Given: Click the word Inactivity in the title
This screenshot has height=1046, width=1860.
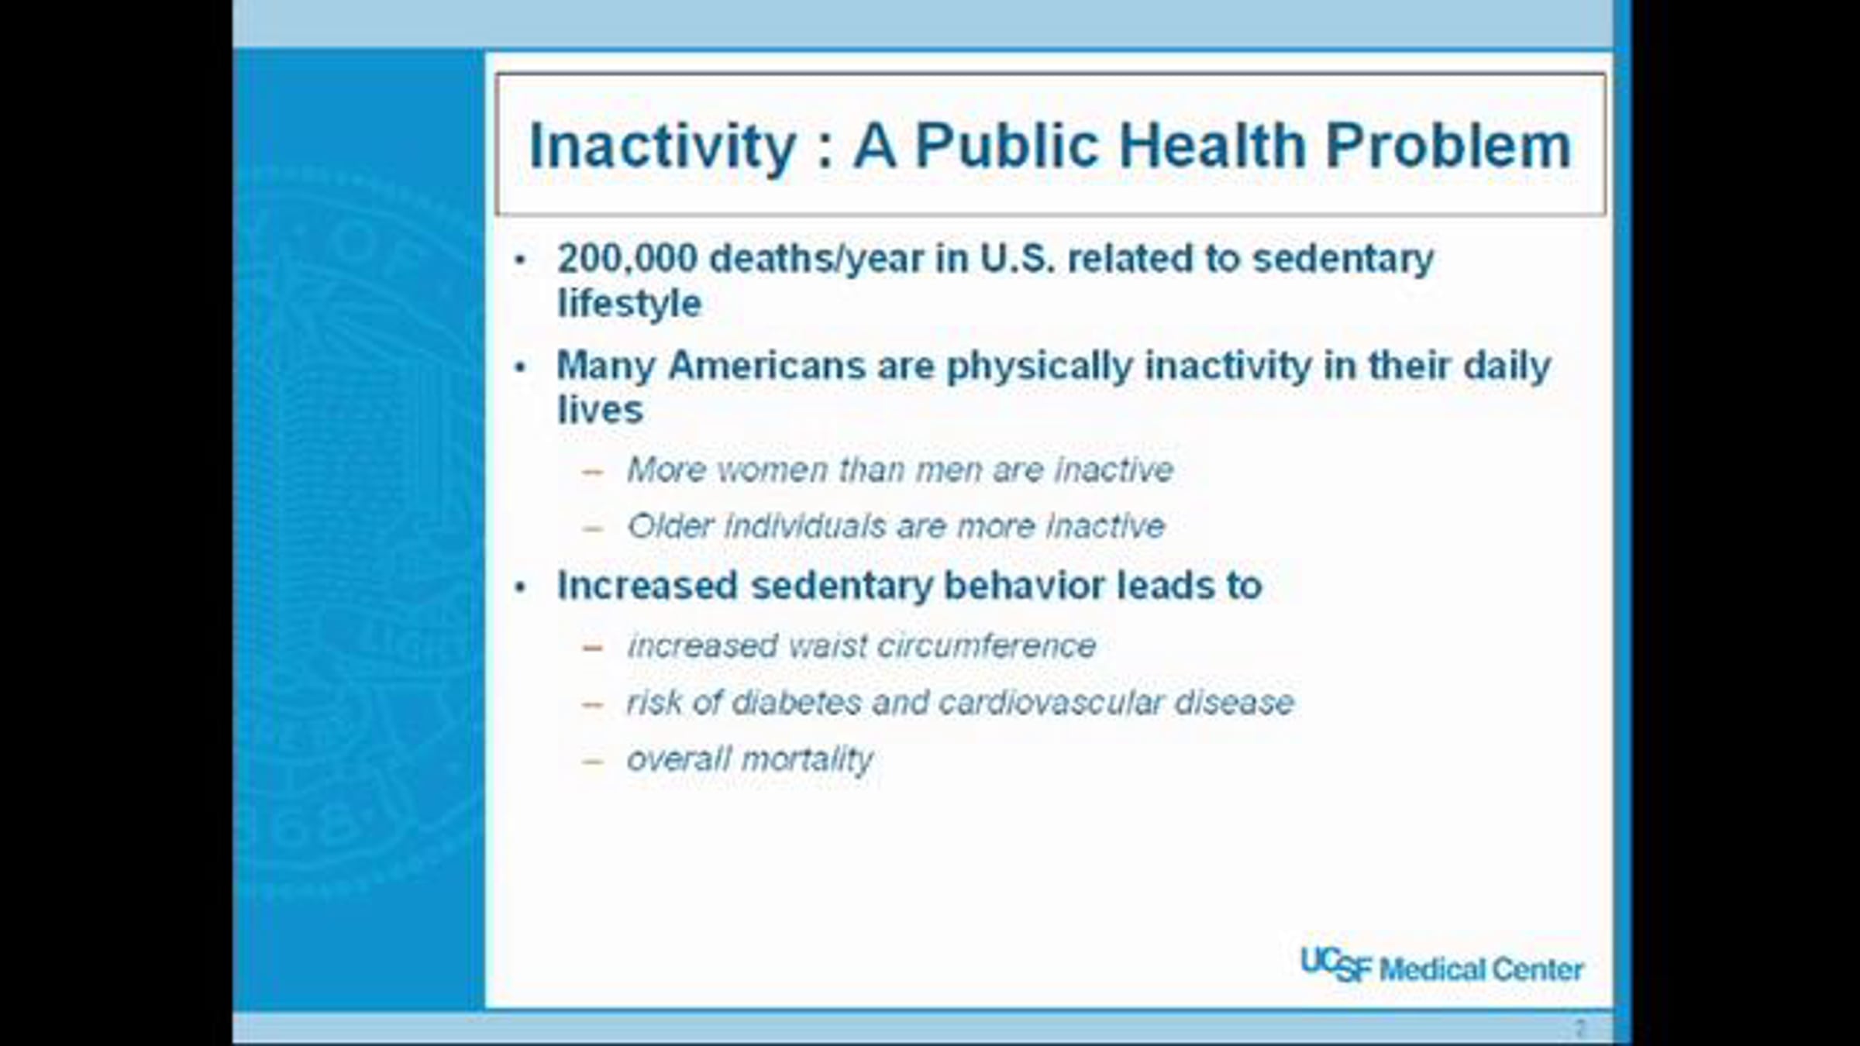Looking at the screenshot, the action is (663, 146).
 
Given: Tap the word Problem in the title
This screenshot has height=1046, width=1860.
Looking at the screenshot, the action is (1448, 145).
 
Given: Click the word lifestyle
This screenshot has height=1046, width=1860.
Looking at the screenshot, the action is (629, 303).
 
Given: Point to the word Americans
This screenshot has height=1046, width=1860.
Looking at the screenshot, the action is (766, 365).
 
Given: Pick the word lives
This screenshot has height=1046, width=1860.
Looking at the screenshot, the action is (600, 410).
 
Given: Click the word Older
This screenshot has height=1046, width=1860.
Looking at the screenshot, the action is (670, 526).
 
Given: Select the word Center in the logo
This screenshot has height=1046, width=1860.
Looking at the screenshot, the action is (1538, 969).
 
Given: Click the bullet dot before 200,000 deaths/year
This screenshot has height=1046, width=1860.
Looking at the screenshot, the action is (520, 260).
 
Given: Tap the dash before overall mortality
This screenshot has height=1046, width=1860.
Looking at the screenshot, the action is (593, 762).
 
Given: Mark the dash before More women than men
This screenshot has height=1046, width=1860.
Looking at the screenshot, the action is (593, 472).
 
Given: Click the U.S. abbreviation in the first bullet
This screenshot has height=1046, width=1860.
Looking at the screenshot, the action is (1017, 259).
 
